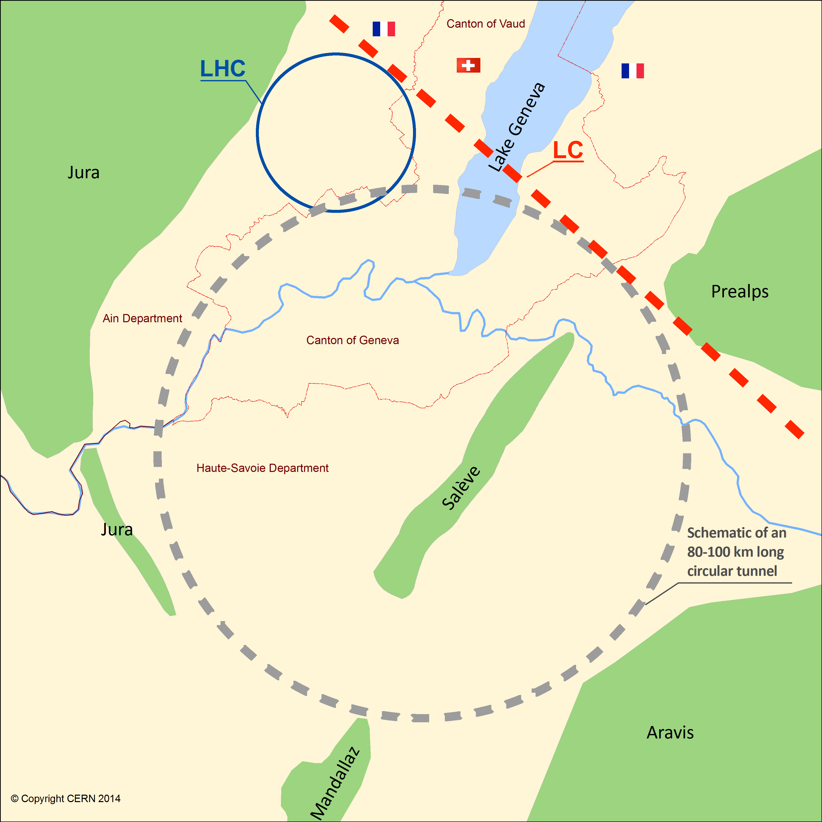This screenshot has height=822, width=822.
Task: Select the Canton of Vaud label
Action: click(485, 24)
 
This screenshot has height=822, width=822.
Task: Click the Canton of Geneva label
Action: click(352, 340)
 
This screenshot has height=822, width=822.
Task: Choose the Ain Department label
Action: click(142, 318)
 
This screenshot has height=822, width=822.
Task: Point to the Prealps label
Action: click(740, 291)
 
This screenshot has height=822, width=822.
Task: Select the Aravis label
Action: click(670, 733)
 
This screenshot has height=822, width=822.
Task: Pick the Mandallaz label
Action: click(335, 783)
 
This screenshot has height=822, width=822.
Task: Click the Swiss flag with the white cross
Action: click(468, 65)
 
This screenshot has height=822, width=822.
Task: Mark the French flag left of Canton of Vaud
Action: click(383, 29)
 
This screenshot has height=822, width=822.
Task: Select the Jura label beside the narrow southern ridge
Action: click(117, 529)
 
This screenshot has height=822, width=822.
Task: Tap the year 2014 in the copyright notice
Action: click(109, 799)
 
